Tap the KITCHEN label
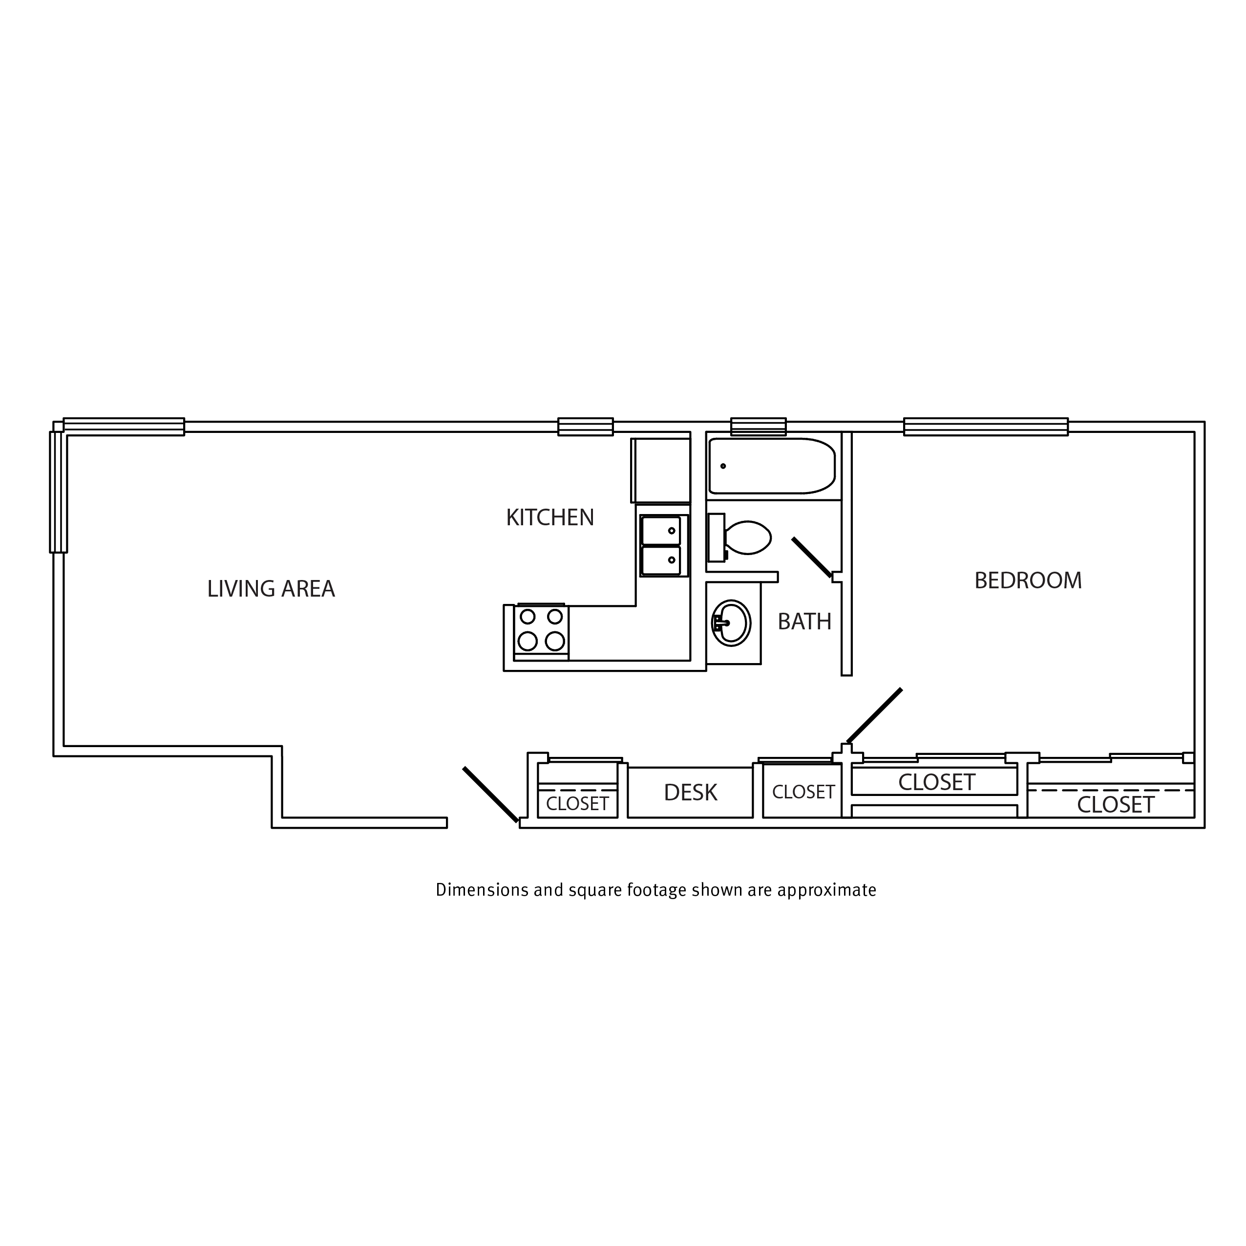point(549,517)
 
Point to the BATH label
point(804,622)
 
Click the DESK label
point(690,793)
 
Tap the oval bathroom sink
point(731,623)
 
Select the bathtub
point(772,466)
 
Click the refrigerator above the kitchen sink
point(660,471)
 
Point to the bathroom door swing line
point(812,558)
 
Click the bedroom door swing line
point(874,716)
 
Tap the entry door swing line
point(490,795)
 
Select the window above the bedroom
point(986,427)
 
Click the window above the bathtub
point(759,427)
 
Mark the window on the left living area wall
point(58,492)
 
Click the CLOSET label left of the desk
point(577,804)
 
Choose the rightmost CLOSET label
point(1116,805)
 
